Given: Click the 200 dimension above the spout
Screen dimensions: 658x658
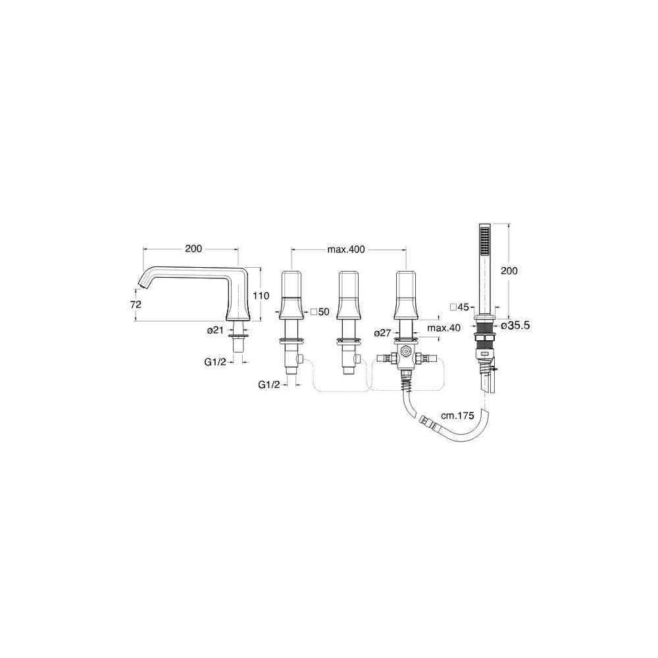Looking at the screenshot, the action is (193, 249).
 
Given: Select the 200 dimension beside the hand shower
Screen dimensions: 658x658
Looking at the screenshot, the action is (509, 270).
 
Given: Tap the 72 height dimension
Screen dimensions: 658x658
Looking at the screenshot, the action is (136, 305).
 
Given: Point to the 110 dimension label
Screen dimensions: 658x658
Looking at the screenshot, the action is (261, 296).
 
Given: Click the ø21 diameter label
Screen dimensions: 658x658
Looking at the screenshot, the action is (215, 330).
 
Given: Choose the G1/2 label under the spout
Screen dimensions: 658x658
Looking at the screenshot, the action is (215, 362).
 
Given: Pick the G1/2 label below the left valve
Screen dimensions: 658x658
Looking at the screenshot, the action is (268, 384).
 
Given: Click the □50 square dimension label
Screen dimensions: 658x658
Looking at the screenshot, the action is (320, 312).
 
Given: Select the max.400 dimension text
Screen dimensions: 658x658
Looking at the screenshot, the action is (346, 249).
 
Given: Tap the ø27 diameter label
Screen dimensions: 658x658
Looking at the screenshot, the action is (383, 333).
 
